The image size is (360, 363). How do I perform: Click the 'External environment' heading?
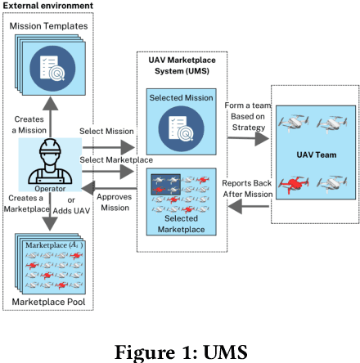47,6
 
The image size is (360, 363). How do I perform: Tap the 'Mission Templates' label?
48,27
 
